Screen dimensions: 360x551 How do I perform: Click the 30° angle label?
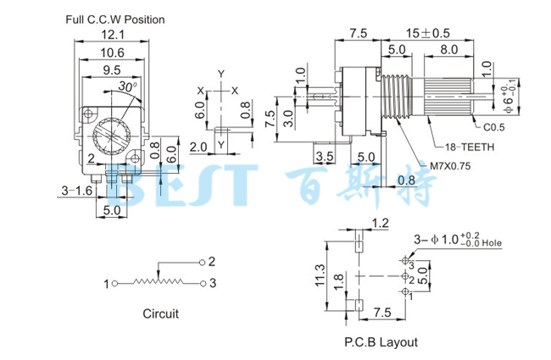[127, 86]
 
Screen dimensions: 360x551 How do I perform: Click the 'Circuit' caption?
[160, 314]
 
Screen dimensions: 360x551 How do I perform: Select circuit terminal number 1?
[107, 283]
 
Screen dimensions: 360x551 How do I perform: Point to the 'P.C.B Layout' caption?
[381, 342]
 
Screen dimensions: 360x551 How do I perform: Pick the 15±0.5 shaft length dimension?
[415, 34]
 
